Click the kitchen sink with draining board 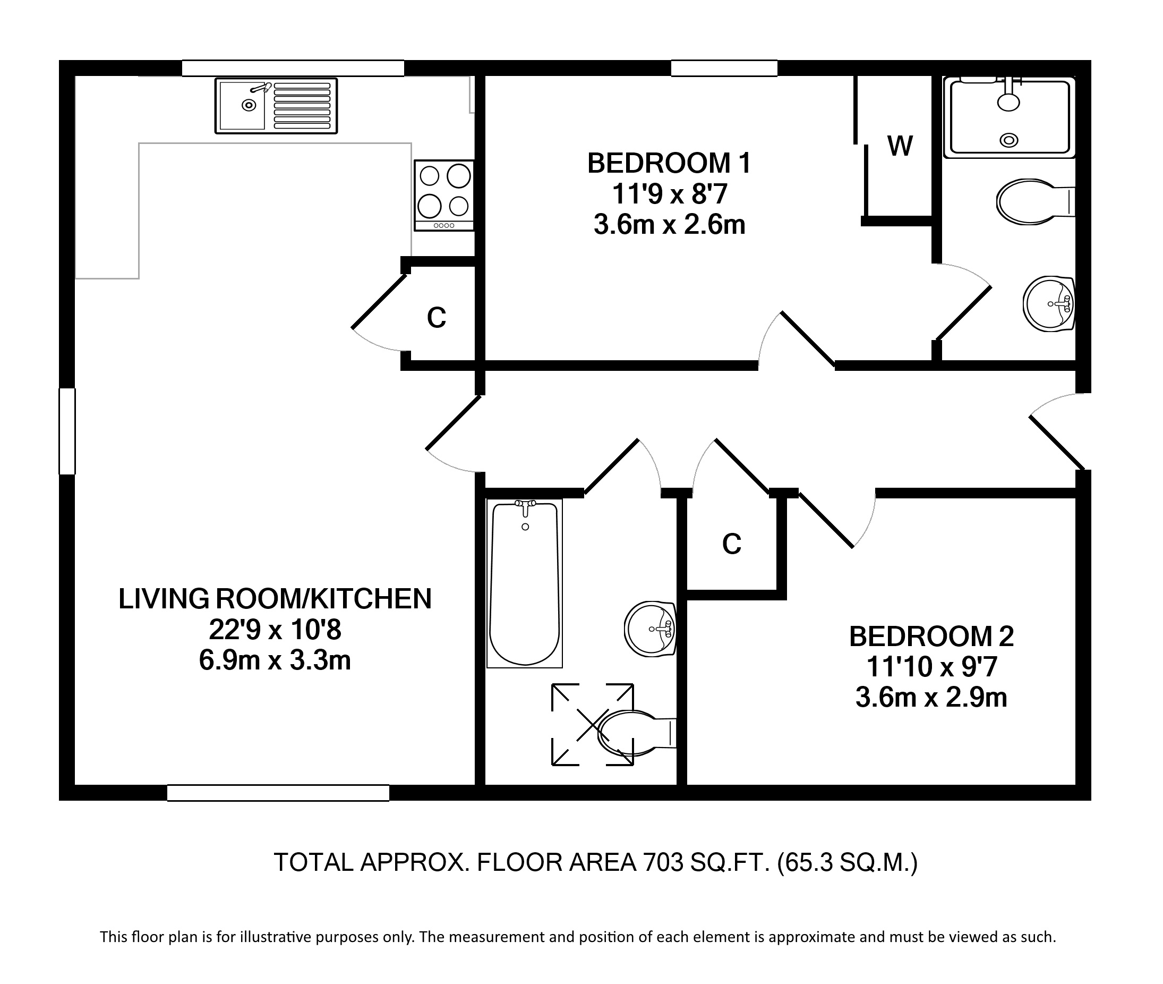coord(276,106)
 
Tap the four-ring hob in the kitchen coord(444,195)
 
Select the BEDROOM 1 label coord(669,164)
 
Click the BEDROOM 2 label coord(931,637)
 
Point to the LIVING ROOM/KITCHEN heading coord(275,599)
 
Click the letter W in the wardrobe coord(900,146)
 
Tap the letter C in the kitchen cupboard coord(437,318)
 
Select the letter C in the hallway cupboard coord(731,544)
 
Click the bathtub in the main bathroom coord(525,583)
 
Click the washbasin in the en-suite coord(1049,304)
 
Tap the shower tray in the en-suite coord(1010,117)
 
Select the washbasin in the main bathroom coord(650,629)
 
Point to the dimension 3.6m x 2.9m coord(931,698)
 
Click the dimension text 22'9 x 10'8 coord(275,630)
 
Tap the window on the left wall coord(67,431)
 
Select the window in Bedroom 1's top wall coord(724,68)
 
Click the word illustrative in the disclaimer coord(276,937)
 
